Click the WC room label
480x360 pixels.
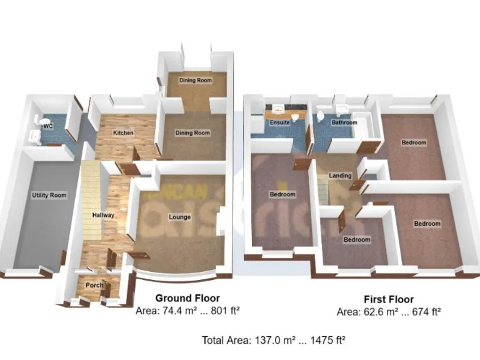[47, 127]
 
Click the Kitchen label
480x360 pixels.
[123, 133]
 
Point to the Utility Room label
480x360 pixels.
[49, 196]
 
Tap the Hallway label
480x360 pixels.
[103, 215]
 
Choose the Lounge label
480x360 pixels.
[179, 217]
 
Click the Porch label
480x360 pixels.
[94, 286]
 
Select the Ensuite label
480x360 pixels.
[279, 122]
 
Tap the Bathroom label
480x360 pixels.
[344, 122]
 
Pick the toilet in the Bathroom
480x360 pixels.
[321, 117]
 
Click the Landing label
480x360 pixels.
[340, 176]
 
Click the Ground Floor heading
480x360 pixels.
[187, 298]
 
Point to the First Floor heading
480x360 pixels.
[388, 299]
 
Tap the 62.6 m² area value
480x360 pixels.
[375, 311]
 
